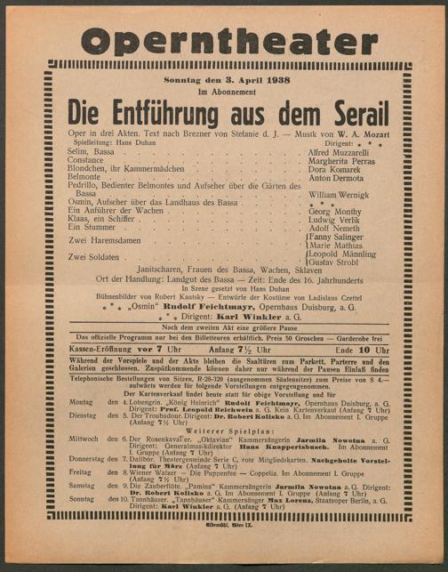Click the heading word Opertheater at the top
(224, 40)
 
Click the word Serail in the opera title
(355, 114)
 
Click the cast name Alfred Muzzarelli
(350, 152)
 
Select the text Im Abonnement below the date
(224, 92)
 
